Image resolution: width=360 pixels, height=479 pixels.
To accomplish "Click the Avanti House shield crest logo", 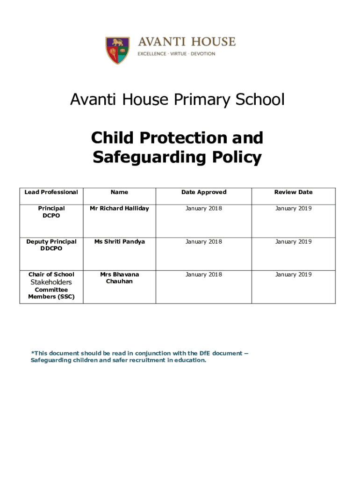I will point(117,50).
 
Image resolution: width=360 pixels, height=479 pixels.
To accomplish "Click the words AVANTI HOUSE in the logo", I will point(186,42).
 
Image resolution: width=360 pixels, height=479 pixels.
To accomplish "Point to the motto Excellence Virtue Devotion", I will point(176,54).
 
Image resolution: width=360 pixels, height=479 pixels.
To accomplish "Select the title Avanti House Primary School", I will point(177,100).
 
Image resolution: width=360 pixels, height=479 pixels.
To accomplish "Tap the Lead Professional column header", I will point(51,192).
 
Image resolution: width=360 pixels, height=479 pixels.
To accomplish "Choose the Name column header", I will point(119,192).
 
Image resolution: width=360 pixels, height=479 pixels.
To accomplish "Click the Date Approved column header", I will point(203,192).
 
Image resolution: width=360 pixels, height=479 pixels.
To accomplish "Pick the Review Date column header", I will point(293,192).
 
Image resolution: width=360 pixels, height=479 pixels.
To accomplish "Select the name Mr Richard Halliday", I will point(119,209).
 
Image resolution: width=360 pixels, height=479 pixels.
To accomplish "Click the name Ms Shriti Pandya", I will point(119,242).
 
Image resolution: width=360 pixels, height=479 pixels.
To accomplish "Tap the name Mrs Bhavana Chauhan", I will point(119,278).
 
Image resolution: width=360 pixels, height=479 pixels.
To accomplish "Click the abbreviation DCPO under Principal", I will point(51,216).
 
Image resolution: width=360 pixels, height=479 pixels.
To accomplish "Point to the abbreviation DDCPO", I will point(51,249).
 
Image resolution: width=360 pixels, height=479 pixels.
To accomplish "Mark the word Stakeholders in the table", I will point(51,283).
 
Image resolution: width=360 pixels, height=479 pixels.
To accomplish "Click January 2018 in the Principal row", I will point(203,209).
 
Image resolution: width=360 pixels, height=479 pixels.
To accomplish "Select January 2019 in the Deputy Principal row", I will point(293,242).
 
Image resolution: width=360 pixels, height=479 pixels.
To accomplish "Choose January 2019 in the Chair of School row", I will point(293,275).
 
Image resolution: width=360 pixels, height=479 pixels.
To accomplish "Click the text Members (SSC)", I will point(51,297).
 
